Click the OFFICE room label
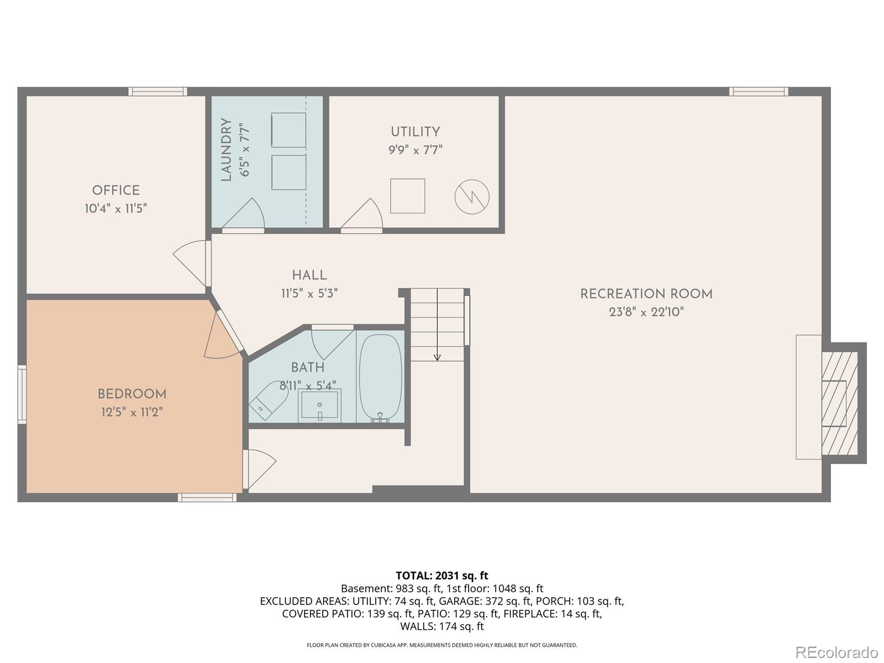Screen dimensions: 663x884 pyautogui.click(x=115, y=191)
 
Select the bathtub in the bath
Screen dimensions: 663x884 pyautogui.click(x=380, y=378)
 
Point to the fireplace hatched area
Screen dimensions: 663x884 pyautogui.click(x=839, y=403)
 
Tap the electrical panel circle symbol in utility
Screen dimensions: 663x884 pyautogui.click(x=472, y=197)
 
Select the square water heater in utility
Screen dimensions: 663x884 pyautogui.click(x=407, y=196)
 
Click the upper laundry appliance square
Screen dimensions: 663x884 pyautogui.click(x=288, y=130)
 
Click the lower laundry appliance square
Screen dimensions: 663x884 pyautogui.click(x=288, y=172)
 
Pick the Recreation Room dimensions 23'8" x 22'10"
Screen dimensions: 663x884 pyautogui.click(x=646, y=312)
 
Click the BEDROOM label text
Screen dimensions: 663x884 pyautogui.click(x=131, y=394)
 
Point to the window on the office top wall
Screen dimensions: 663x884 pyautogui.click(x=157, y=92)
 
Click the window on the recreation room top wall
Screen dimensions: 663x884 pyautogui.click(x=758, y=92)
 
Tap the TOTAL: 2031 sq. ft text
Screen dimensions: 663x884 pyautogui.click(x=441, y=576)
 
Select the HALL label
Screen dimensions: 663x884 pyautogui.click(x=309, y=275)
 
